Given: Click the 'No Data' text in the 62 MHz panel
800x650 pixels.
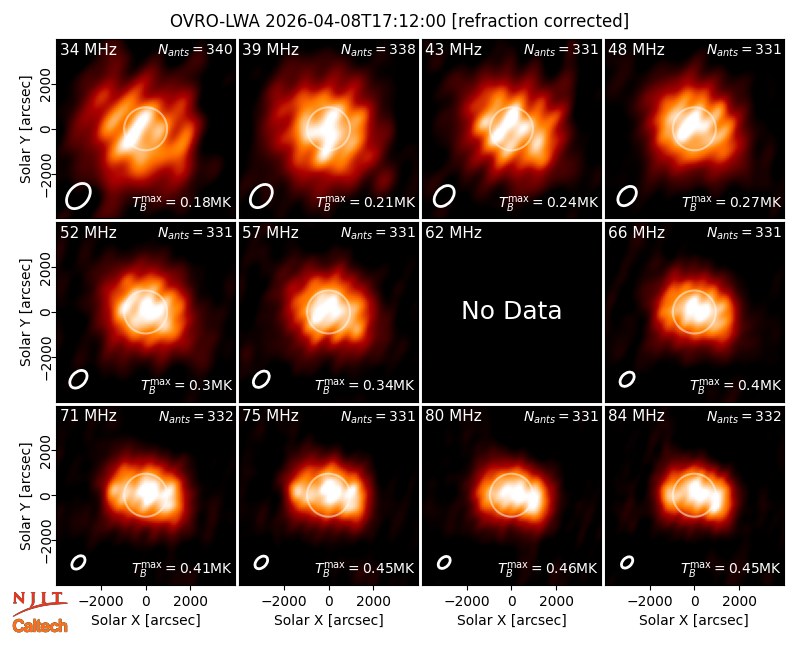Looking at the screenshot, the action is (x=511, y=310).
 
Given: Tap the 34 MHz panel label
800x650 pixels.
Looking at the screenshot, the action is (x=88, y=49).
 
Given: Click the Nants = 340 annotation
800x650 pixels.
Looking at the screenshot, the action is (x=195, y=49).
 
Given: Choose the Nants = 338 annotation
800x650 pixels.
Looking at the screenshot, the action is (x=378, y=49).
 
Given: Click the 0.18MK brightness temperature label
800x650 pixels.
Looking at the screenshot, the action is (x=182, y=202).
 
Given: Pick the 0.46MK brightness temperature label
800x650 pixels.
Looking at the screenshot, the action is (x=547, y=568).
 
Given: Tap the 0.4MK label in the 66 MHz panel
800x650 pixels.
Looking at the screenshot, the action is (x=735, y=385).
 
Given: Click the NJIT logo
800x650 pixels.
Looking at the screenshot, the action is (x=40, y=602).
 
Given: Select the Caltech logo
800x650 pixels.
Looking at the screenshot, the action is (x=40, y=626).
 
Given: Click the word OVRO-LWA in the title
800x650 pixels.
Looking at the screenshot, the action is (x=215, y=21).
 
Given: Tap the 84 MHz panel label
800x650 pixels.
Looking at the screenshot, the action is (x=636, y=416).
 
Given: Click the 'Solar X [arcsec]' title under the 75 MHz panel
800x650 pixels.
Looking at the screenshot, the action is (x=329, y=620).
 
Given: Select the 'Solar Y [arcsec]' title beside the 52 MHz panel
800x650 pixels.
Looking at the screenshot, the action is (x=25, y=312).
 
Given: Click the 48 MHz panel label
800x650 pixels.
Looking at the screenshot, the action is (x=636, y=49).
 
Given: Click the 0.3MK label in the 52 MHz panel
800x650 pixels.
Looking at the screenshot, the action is (x=186, y=385).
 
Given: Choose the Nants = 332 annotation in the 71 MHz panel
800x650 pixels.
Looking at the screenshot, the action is (x=196, y=416).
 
